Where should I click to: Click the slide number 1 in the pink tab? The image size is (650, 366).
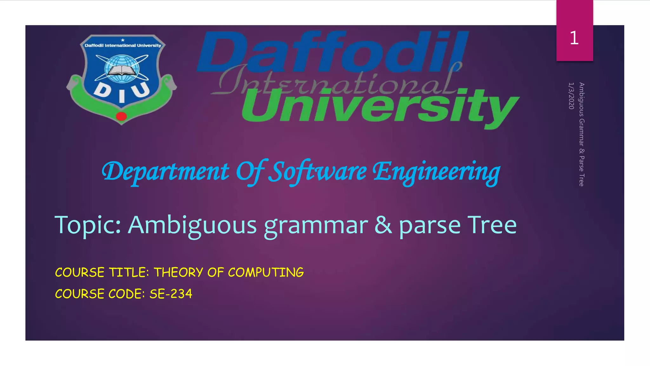pos(574,38)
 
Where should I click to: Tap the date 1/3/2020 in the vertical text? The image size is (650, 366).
pos(571,96)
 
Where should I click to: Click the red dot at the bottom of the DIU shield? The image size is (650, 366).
pos(121,116)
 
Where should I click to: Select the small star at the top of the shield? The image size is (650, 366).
pos(123,40)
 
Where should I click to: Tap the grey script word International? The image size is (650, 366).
pos(336,81)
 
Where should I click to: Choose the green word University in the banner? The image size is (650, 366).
pos(379,106)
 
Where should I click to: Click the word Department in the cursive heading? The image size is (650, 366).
pos(165,172)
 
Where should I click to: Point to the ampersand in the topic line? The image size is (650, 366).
pos(383,225)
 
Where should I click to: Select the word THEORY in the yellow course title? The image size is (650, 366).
pos(178,273)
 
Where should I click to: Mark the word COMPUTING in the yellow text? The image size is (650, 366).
pos(266,273)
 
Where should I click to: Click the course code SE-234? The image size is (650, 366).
pos(171,294)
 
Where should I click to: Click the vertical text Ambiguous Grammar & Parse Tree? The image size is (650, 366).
pos(581,134)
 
